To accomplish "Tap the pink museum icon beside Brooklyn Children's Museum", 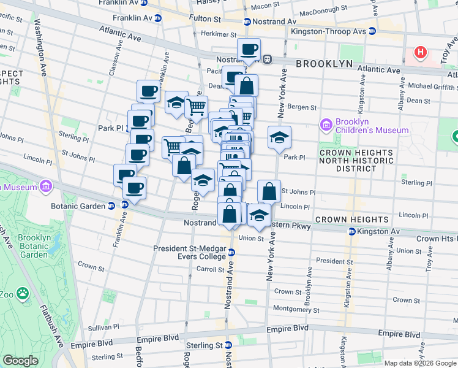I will [326, 126].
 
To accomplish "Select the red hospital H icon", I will [420, 53].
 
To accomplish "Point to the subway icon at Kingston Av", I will [352, 232].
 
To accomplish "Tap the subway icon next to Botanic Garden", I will [111, 206].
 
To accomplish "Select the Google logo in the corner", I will [20, 361].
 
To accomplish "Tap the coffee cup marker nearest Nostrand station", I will [249, 50].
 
